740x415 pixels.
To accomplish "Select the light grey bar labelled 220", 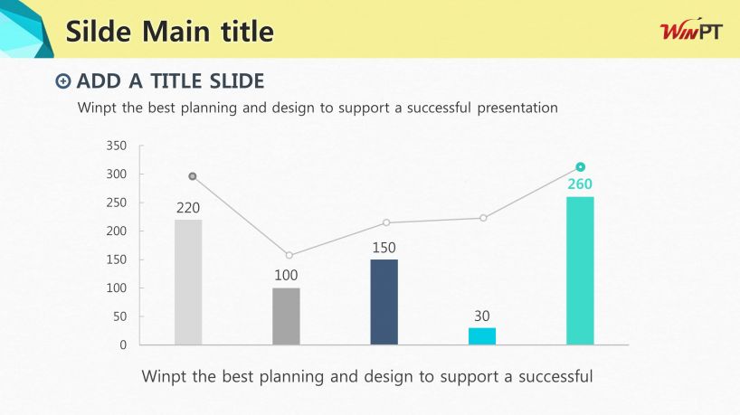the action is [188, 282].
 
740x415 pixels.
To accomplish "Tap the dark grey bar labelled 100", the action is [286, 316].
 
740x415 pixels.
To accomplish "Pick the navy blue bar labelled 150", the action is [384, 302].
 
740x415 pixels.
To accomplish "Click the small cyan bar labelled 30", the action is [482, 336].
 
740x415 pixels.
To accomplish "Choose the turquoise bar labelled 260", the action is [580, 270].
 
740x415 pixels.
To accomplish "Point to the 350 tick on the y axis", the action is [117, 146].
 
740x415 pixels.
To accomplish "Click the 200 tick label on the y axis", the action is [117, 231].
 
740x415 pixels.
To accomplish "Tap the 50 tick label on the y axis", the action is [120, 316].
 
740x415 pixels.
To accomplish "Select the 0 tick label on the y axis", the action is [123, 344].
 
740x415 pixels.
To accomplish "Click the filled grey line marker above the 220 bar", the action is [193, 176].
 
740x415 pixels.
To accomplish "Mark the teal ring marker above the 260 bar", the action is [581, 167].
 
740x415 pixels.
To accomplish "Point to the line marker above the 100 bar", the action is [289, 256].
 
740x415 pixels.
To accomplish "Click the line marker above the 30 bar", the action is [483, 218].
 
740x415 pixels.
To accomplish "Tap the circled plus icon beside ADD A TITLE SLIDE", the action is [62, 81].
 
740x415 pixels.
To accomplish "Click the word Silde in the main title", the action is [99, 32].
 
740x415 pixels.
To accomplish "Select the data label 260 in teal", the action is [580, 184].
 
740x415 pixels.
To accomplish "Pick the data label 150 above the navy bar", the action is [384, 248].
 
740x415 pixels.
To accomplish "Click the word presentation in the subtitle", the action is [517, 108].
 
